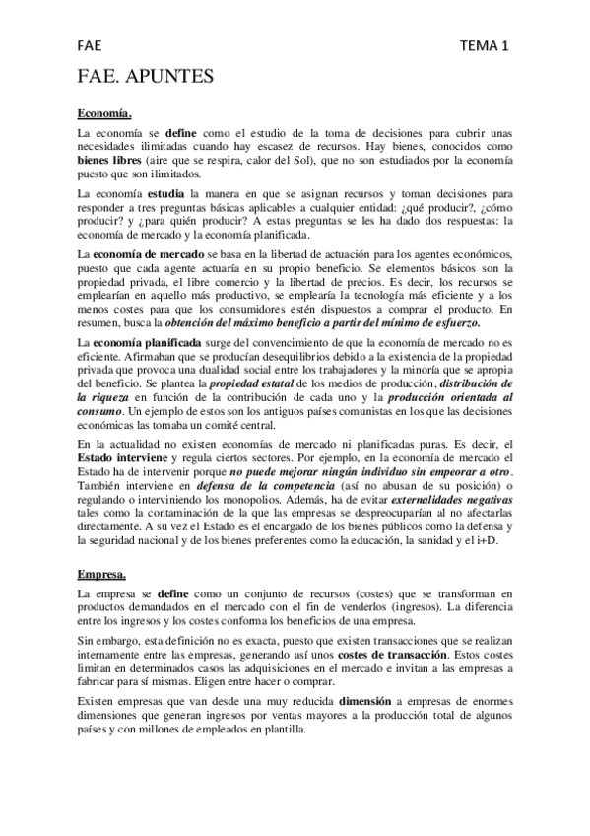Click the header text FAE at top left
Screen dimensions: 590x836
pyautogui.click(x=92, y=45)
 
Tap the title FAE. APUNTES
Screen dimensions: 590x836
pyautogui.click(x=146, y=77)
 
